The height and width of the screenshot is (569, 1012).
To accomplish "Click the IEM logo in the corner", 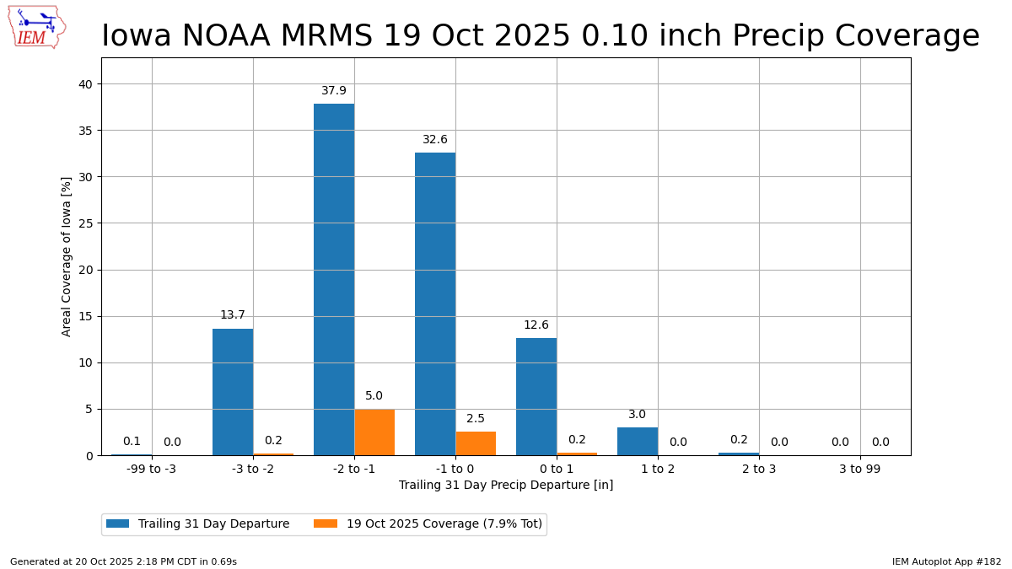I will pos(36,27).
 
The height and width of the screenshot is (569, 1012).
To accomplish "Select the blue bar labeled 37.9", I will pos(334,279).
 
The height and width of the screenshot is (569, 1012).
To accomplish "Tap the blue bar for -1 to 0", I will pos(435,303).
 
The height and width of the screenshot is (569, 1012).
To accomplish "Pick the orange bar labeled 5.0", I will pos(374,432).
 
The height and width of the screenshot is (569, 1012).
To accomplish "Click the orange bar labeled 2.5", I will pos(476,443).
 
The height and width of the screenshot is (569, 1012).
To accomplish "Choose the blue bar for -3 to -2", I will pos(233,392).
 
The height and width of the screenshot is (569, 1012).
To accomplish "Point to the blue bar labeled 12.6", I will pos(536,396).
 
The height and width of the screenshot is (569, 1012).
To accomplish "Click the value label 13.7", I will pos(233,315).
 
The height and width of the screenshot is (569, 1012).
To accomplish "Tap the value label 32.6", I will pos(435,140).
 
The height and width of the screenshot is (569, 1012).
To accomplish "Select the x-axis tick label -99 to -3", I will pos(152,469).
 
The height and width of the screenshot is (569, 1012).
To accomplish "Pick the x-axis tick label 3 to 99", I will pos(860,469).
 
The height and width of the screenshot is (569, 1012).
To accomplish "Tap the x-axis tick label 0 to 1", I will pos(557,469).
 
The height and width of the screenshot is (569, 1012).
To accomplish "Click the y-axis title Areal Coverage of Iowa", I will pos(67,256).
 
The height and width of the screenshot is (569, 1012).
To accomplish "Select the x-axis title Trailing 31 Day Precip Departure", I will pos(506,486).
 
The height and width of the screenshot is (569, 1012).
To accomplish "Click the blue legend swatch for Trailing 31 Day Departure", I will pos(118,524).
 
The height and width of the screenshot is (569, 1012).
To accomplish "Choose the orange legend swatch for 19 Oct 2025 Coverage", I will pos(326,524).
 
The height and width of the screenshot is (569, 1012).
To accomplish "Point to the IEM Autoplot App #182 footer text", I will pos(946,561).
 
